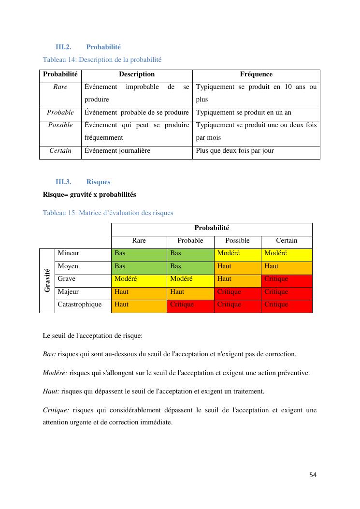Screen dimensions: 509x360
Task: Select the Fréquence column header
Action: pyautogui.click(x=256, y=74)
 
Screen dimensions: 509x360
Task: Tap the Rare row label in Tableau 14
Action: pyautogui.click(x=60, y=87)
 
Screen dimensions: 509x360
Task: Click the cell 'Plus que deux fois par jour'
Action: pyautogui.click(x=235, y=150)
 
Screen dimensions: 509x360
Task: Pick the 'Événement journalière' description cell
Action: pyautogui.click(x=117, y=150)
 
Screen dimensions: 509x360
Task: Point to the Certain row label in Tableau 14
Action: pyautogui.click(x=60, y=150)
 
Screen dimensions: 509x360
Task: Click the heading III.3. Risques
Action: pyautogui.click(x=83, y=182)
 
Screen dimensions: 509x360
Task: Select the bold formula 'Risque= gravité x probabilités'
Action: pyautogui.click(x=89, y=194)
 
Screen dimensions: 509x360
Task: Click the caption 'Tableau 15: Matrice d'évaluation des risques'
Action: pyautogui.click(x=108, y=213)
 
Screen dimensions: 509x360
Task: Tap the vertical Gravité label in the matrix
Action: pyautogui.click(x=47, y=280)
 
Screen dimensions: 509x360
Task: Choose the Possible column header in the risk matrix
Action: pyautogui.click(x=237, y=241)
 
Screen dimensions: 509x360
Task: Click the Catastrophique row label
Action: pyautogui.click(x=80, y=305)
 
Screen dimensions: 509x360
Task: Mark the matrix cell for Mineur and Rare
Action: pyautogui.click(x=139, y=253)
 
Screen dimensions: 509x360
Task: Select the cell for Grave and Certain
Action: pyautogui.click(x=287, y=279)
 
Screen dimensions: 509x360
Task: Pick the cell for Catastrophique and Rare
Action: pyautogui.click(x=139, y=305)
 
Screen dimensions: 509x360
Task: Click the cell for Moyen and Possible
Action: pyautogui.click(x=237, y=266)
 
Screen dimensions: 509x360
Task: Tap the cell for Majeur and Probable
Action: pyautogui.click(x=190, y=292)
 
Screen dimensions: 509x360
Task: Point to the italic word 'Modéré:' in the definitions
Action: pyautogui.click(x=55, y=373)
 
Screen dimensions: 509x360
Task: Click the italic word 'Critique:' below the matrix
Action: pyautogui.click(x=56, y=410)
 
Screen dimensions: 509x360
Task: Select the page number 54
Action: pyautogui.click(x=313, y=475)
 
